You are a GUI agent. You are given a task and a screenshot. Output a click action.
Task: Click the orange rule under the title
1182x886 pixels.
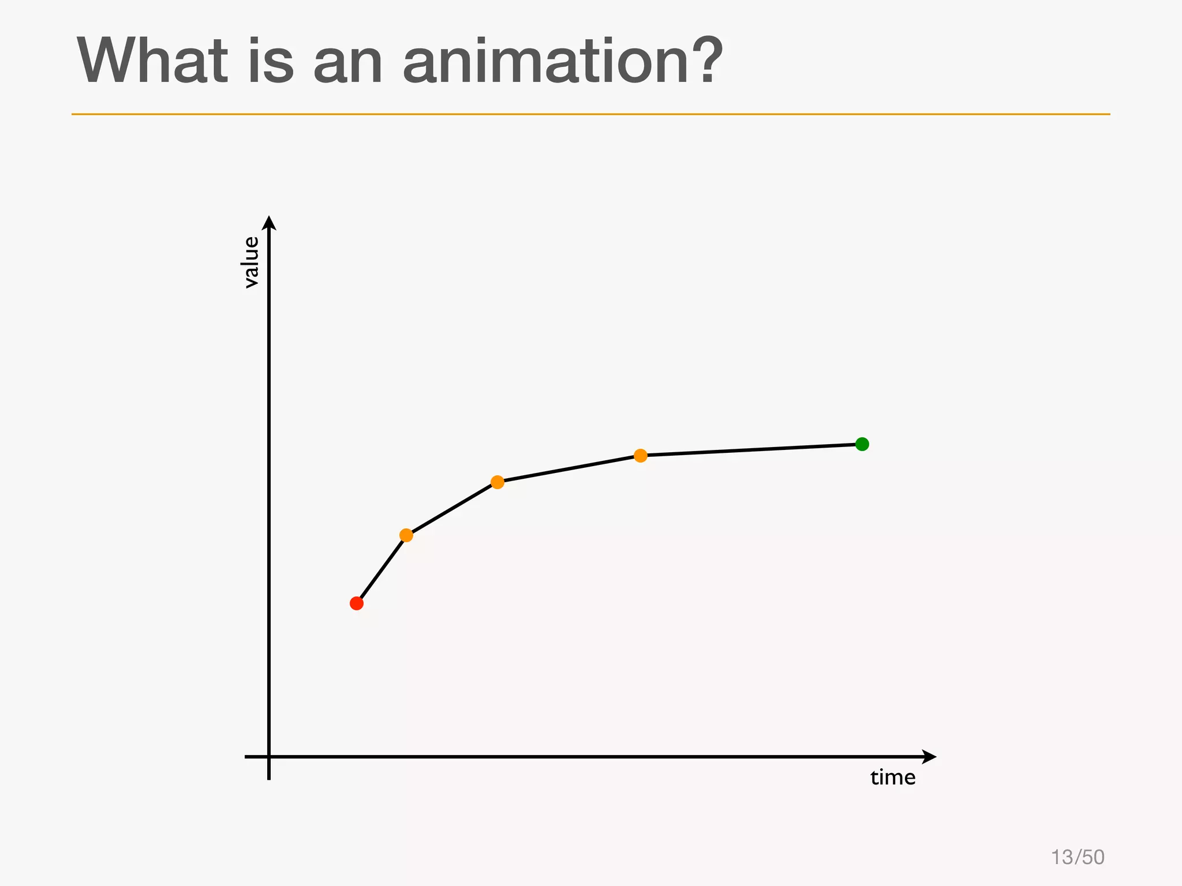click(590, 114)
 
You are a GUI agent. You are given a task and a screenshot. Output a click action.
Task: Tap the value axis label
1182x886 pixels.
click(251, 262)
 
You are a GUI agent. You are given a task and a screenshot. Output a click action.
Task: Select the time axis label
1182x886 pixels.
click(893, 778)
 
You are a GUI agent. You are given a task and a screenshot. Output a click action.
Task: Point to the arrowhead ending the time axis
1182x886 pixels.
click(929, 756)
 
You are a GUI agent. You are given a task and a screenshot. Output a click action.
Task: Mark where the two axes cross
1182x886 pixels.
click(269, 756)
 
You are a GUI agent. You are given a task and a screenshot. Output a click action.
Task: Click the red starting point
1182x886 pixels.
click(357, 603)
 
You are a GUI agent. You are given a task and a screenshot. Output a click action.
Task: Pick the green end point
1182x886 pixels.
click(862, 444)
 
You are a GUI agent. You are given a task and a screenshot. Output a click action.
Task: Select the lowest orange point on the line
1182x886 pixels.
click(406, 535)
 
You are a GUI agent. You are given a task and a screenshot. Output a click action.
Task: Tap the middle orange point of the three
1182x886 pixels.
click(498, 482)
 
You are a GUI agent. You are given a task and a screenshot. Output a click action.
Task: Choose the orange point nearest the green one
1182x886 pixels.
click(641, 456)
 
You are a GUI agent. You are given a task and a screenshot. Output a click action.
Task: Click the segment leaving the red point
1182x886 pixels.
click(381, 569)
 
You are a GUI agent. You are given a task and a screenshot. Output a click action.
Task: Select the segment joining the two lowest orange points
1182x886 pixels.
click(452, 509)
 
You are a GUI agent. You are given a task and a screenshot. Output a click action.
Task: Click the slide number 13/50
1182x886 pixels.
click(1078, 857)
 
